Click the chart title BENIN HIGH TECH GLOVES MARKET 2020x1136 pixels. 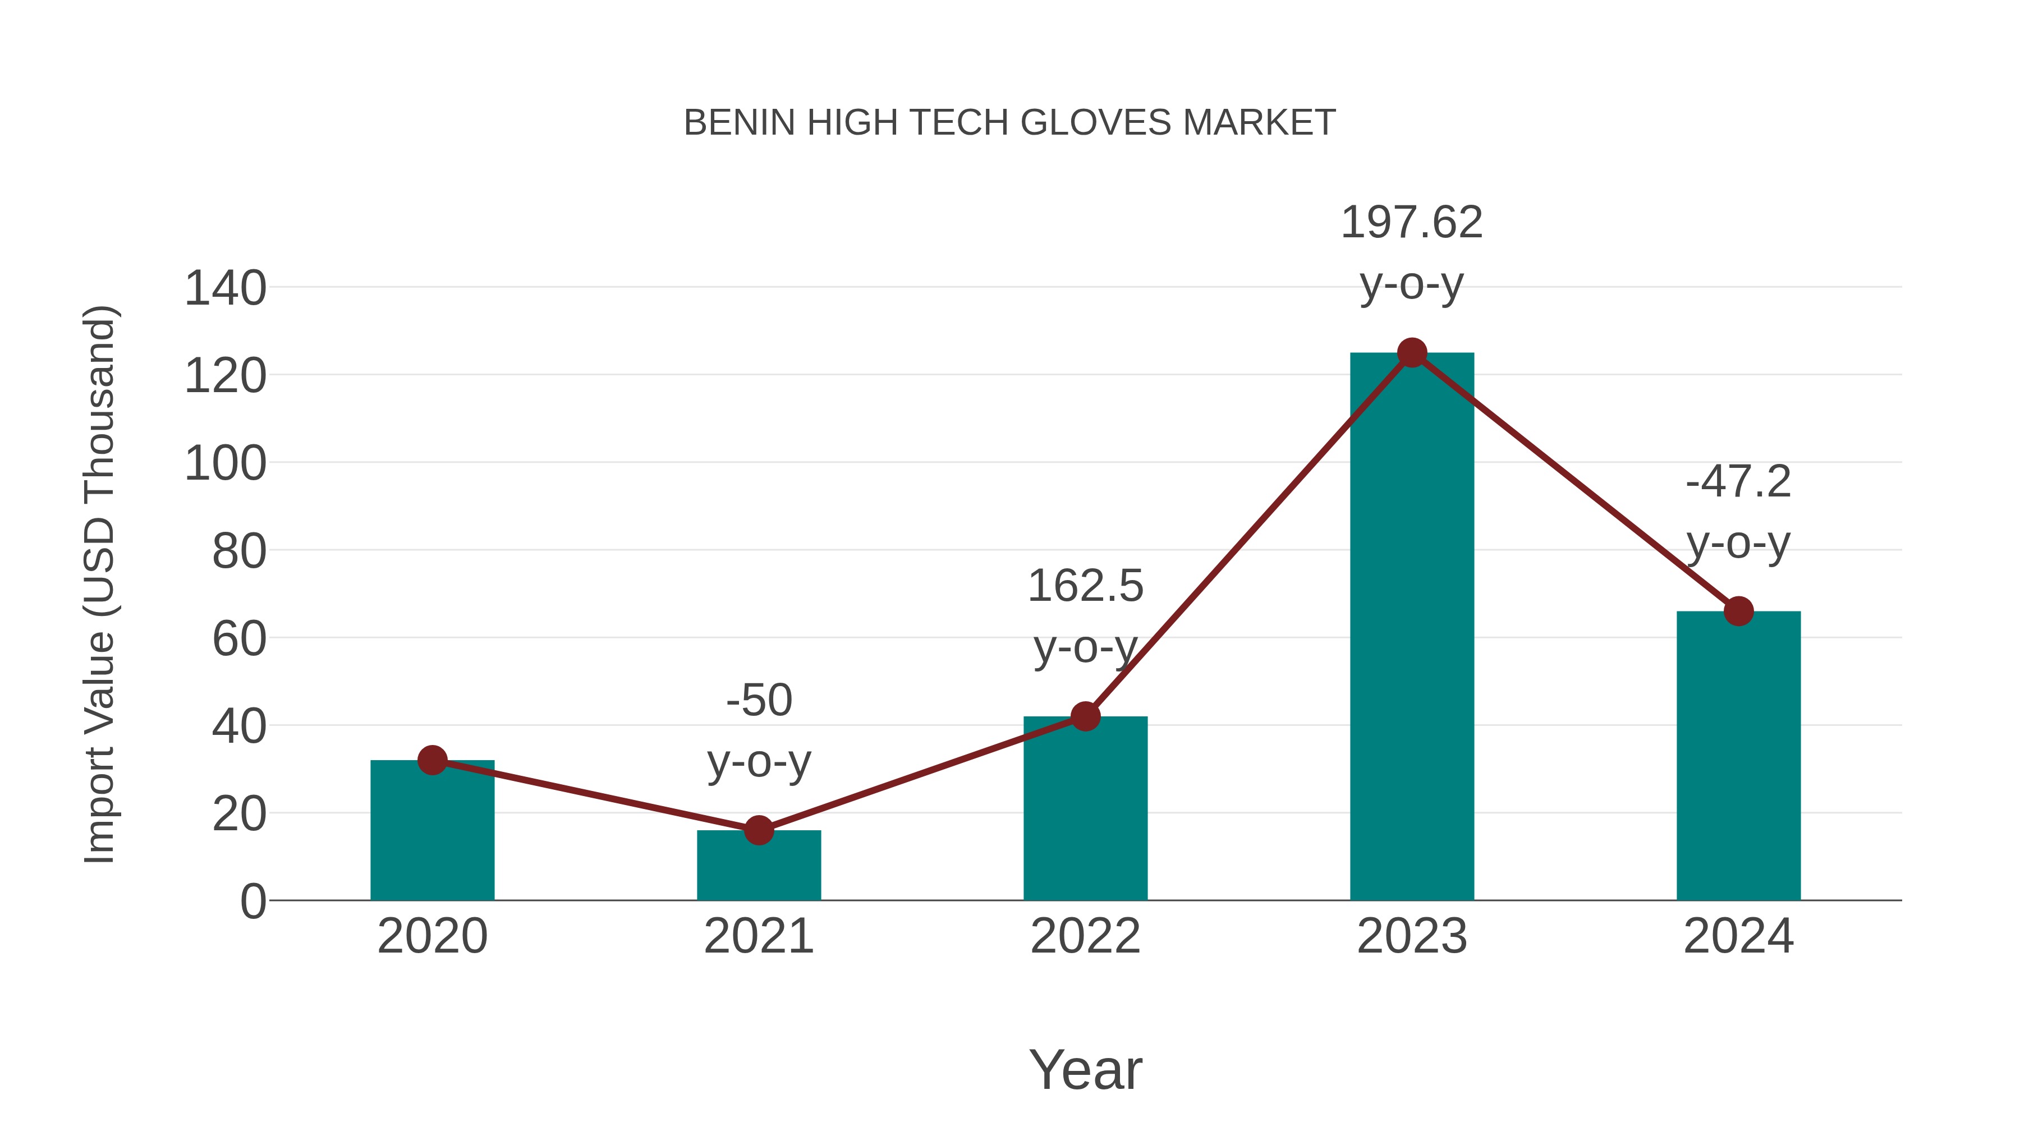click(1009, 123)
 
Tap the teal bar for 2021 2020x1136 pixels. click(758, 868)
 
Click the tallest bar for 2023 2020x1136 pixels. click(1412, 627)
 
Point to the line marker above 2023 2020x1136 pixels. click(1412, 353)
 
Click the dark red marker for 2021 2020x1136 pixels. click(758, 830)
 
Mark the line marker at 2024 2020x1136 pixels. click(1738, 611)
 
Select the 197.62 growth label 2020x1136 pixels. click(1412, 223)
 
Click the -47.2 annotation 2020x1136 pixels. click(1738, 481)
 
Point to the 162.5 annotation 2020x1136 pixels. click(1085, 586)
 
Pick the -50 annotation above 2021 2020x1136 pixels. click(758, 700)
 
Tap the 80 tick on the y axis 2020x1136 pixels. click(238, 552)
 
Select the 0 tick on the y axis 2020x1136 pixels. click(252, 902)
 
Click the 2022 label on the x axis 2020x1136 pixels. click(1085, 937)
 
